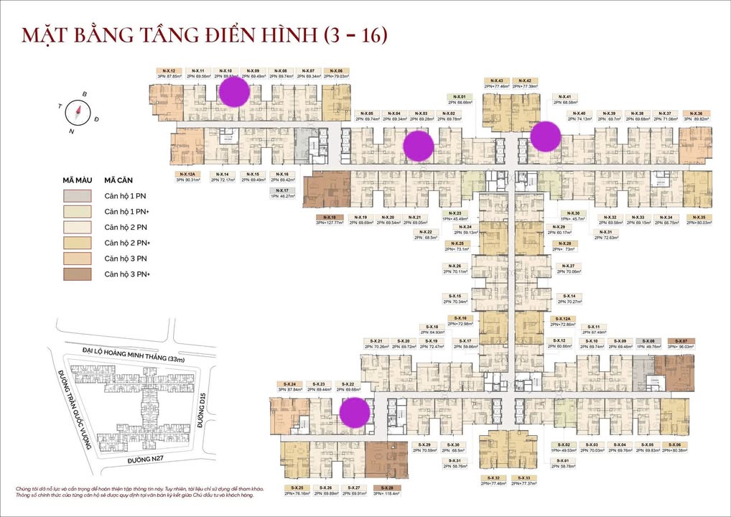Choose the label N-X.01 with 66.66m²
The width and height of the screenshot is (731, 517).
click(x=460, y=97)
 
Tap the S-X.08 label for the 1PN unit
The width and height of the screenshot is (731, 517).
click(x=648, y=341)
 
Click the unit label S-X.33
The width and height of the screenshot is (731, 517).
click(x=524, y=478)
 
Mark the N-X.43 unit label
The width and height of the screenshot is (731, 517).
click(x=495, y=81)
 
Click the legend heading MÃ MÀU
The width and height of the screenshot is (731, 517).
click(x=76, y=180)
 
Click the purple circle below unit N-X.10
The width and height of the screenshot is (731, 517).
click(x=233, y=92)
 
